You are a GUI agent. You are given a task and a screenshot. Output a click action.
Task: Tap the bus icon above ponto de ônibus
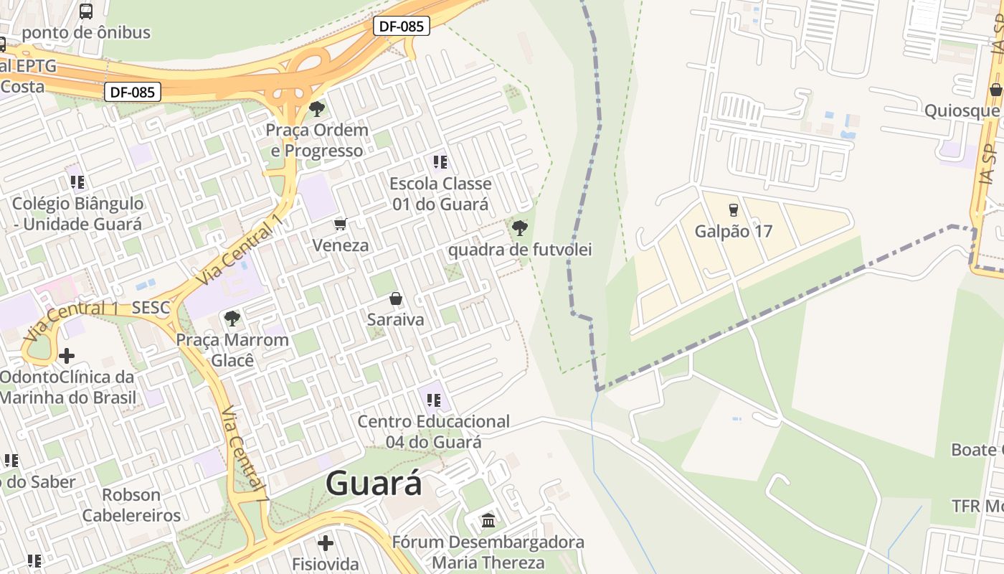point(86,11)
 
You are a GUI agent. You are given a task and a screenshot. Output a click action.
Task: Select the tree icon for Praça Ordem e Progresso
point(316,109)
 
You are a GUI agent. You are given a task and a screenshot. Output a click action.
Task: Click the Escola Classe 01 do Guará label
point(440,194)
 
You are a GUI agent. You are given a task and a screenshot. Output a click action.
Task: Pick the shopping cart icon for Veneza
point(341,225)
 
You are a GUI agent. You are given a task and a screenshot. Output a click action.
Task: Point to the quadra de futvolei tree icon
point(519,229)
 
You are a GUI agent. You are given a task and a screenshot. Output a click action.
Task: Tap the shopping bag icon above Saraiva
point(395,298)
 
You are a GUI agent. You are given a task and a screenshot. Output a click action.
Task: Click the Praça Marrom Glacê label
point(233,349)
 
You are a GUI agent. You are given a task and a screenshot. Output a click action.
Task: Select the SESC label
point(151,309)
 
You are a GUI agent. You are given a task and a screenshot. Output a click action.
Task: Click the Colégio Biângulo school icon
point(77,182)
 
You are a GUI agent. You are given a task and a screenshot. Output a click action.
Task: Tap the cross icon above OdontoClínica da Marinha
point(67,356)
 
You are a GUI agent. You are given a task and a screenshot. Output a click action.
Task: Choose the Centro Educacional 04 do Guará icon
point(433,400)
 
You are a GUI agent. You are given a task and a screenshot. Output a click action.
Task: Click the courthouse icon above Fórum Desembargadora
point(488,520)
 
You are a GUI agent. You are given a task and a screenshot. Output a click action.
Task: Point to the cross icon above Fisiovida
point(326,542)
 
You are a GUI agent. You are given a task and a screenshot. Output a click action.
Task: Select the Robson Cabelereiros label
point(131,505)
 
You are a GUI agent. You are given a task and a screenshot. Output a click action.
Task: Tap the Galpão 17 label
point(733,232)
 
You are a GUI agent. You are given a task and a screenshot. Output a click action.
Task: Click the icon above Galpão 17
point(733,210)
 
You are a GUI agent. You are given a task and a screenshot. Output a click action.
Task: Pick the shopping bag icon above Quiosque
point(995,90)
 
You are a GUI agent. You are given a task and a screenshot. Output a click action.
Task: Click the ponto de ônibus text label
point(86,32)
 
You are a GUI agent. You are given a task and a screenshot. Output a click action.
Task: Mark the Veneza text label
point(341,245)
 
